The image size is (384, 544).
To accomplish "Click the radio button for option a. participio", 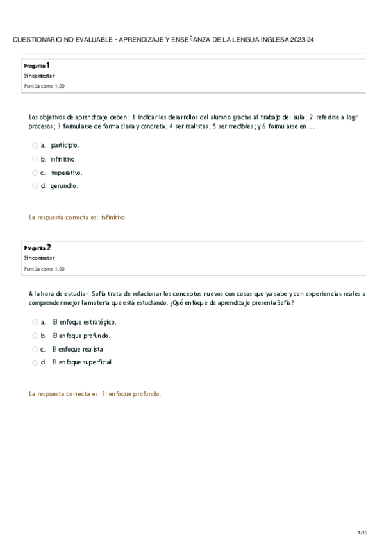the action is (35, 146).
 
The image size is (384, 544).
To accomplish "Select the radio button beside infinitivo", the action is (35, 159).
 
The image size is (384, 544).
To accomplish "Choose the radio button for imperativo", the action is (35, 173).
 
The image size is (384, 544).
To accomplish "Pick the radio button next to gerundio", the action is (35, 186).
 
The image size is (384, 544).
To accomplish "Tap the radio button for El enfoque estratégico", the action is (35, 322).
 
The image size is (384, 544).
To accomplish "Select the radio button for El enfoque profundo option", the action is (35, 336).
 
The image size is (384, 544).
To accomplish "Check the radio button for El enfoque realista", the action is (35, 349).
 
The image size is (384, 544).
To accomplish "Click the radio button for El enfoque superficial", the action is (35, 362).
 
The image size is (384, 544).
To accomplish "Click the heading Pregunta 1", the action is (37, 65).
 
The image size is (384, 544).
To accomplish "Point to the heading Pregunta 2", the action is (37, 247).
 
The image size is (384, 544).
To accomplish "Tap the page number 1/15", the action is (362, 532).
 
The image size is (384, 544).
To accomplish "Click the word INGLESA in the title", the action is (271, 40).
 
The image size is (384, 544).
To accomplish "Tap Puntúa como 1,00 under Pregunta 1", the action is (44, 86).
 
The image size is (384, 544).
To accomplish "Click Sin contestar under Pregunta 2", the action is (39, 258).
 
